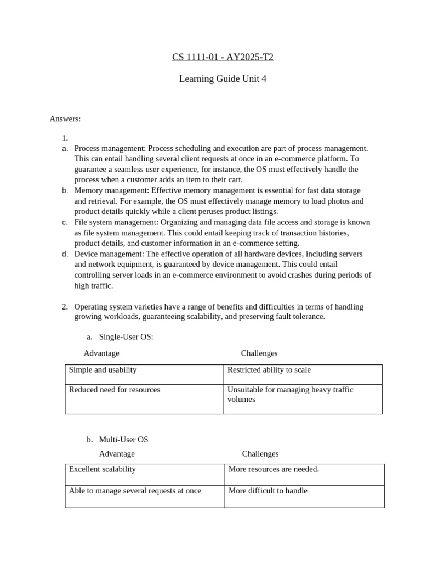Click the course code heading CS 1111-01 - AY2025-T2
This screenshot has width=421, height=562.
coord(223,57)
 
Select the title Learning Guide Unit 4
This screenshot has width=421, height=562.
coord(223,79)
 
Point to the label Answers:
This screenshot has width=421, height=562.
coord(65,119)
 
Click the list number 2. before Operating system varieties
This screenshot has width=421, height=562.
coord(65,307)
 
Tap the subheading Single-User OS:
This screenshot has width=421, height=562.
coord(126,337)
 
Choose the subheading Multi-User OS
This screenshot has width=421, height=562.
coord(123,440)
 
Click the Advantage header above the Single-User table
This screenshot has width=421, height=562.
coord(101,353)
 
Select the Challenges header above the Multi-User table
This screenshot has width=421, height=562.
coord(260,454)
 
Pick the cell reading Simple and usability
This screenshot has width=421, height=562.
coord(103,370)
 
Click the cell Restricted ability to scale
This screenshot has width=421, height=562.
coord(269,370)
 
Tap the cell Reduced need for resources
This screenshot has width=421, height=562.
coord(115,390)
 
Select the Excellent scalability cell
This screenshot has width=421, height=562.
coord(103,469)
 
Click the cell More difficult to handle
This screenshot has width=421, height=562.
coord(268,491)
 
